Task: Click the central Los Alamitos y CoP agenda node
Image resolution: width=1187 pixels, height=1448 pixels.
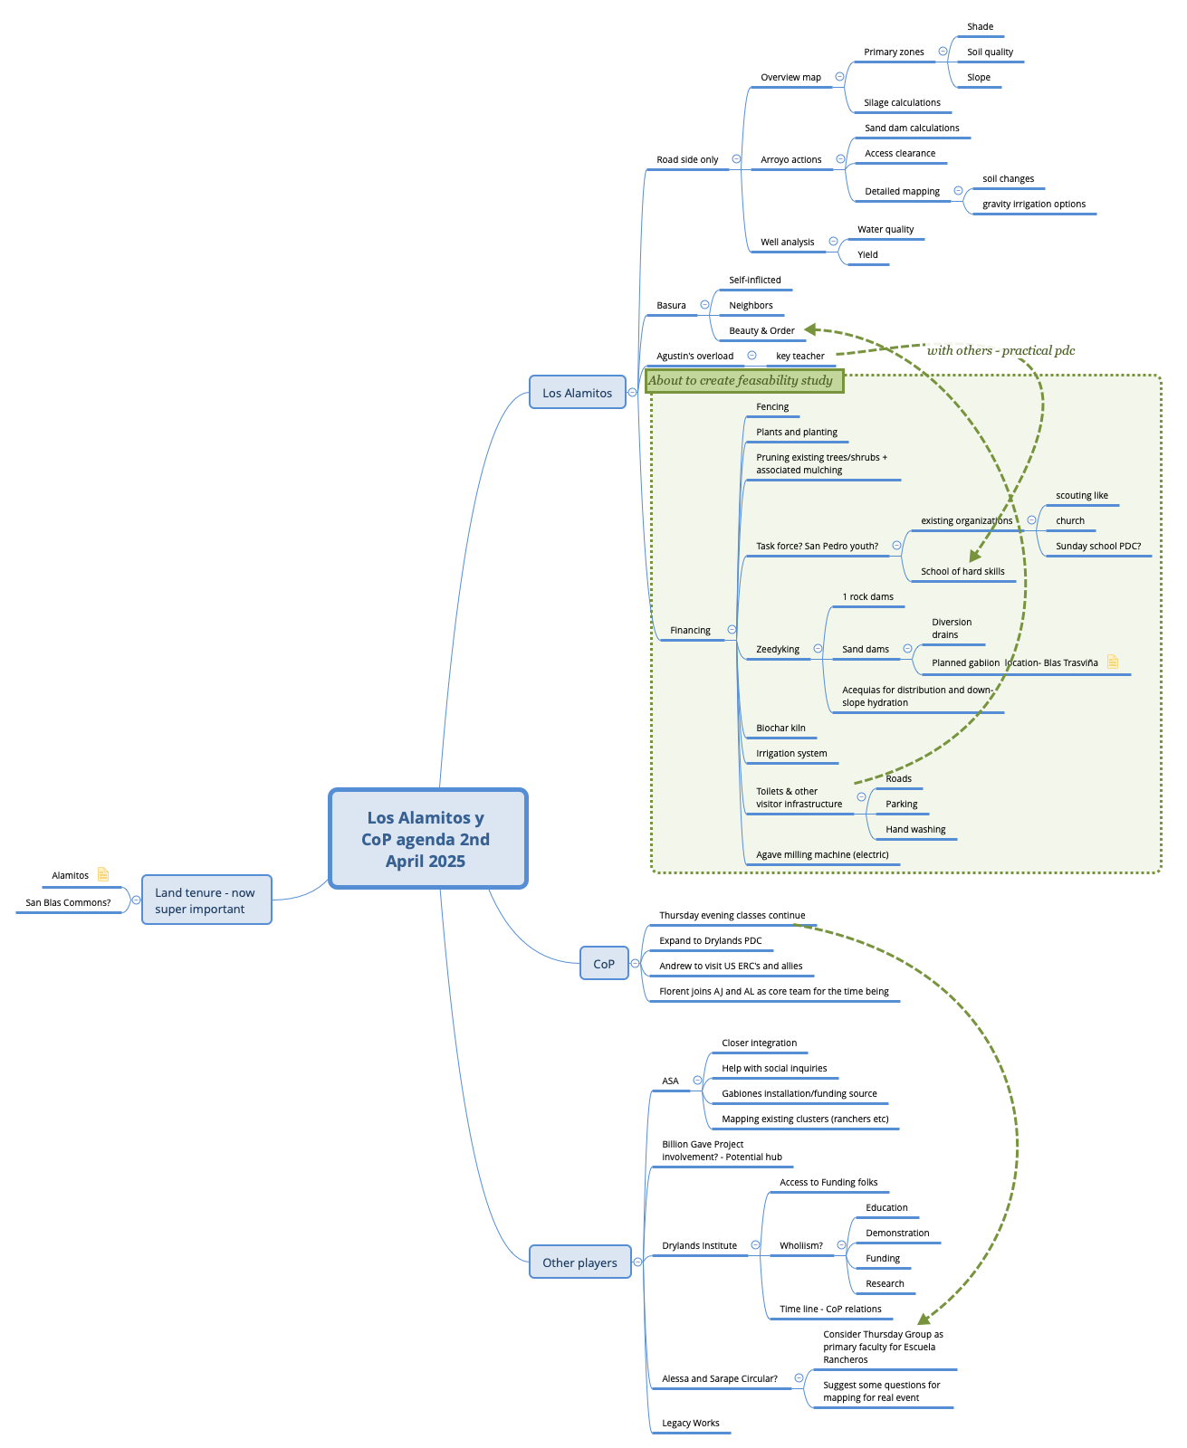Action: [427, 839]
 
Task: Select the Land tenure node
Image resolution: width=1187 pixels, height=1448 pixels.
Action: [206, 900]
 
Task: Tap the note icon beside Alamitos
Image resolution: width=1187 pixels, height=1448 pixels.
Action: [103, 874]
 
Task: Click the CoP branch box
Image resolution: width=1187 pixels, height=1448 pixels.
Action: [604, 963]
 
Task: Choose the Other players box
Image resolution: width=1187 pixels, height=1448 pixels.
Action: [579, 1262]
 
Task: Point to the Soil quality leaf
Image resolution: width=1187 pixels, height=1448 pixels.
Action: [990, 52]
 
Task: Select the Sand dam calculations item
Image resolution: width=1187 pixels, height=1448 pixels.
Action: [911, 129]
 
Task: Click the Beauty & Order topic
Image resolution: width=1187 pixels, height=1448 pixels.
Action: [761, 331]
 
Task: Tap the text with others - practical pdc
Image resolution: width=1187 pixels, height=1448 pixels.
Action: [1000, 351]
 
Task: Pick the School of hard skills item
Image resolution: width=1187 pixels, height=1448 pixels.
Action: [962, 572]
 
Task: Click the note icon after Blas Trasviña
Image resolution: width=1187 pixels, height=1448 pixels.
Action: [1113, 662]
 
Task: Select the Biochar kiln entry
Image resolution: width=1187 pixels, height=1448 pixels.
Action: [780, 729]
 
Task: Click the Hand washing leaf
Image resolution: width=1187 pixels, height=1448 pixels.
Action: [914, 830]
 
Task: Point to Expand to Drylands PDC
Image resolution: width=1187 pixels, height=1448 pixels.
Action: [710, 941]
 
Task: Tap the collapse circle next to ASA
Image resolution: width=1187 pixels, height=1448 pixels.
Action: [697, 1081]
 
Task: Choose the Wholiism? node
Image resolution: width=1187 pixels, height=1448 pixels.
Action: [800, 1246]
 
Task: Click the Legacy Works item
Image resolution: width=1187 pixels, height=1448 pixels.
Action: [690, 1424]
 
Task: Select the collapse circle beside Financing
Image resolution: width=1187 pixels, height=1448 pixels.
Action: [732, 630]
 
